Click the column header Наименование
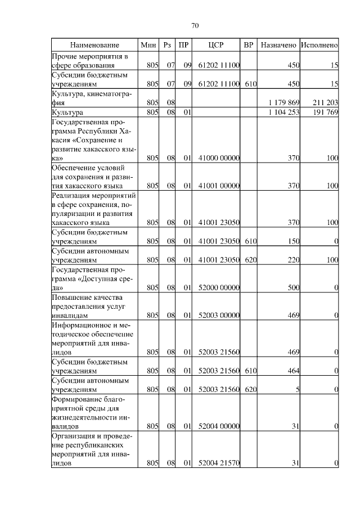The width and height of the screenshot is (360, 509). click(x=94, y=44)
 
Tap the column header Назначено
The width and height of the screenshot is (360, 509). click(x=278, y=44)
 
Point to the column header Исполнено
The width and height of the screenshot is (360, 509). click(x=319, y=44)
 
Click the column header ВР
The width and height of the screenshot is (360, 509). click(x=249, y=44)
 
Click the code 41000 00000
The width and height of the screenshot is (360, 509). click(x=219, y=159)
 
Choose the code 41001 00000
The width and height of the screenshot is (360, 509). click(x=219, y=186)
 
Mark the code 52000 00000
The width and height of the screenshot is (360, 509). click(x=219, y=288)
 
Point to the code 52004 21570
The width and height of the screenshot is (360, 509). click(x=219, y=463)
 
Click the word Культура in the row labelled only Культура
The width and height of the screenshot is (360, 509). click(x=67, y=112)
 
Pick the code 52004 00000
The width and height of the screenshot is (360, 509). click(x=219, y=426)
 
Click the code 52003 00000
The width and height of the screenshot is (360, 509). click(x=219, y=316)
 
